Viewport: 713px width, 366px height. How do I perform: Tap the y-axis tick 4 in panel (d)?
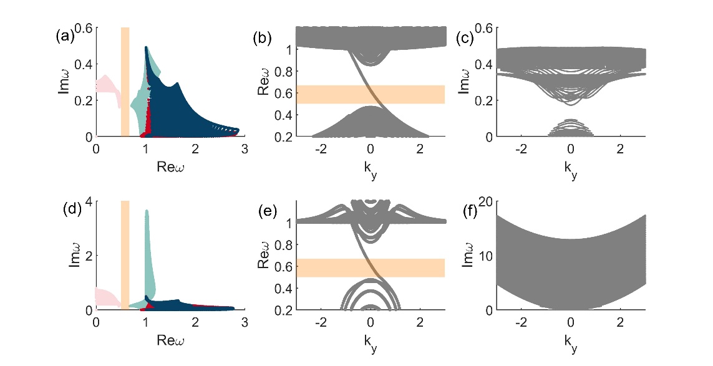click(x=89, y=202)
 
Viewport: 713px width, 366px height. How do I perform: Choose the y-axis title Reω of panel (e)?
click(x=264, y=256)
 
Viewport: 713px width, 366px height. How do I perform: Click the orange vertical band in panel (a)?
click(x=125, y=81)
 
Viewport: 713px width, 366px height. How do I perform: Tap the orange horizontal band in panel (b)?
click(x=371, y=94)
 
